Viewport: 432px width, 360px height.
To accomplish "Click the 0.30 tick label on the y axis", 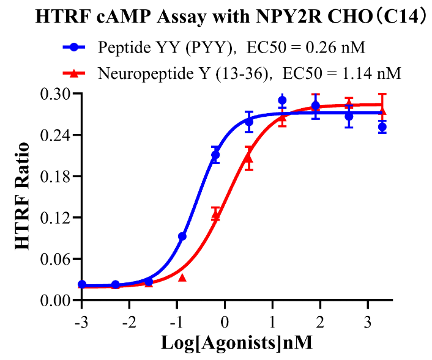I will coord(57,94).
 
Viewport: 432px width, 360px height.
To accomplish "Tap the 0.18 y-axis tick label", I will coord(57,176).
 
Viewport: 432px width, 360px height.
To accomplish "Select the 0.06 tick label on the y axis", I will coord(57,259).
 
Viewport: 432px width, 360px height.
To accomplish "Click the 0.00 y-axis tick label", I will coord(57,300).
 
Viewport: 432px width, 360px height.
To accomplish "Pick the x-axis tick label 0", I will coord(225,321).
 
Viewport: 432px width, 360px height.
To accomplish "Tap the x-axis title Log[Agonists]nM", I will coord(237,343).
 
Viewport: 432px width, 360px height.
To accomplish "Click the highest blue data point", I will coord(282,100).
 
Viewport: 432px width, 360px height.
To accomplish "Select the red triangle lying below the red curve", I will coord(182,277).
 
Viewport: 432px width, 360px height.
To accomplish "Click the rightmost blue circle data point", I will coord(382,127).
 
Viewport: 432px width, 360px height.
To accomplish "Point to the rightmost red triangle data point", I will coord(382,111).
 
